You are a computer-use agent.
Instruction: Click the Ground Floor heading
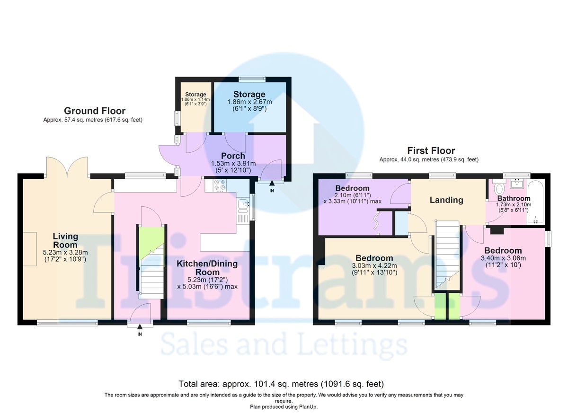95,111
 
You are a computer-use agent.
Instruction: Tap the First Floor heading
431,151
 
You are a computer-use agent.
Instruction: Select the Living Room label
65,241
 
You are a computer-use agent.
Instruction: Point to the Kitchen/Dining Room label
207,268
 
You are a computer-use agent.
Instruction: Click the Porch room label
233,156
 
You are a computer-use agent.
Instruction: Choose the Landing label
446,200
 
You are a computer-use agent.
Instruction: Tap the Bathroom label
514,198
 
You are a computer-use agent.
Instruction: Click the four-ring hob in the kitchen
220,185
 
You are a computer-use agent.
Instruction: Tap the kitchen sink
243,205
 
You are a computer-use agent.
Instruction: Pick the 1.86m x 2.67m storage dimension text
249,102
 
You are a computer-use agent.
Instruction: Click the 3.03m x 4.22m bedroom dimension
374,266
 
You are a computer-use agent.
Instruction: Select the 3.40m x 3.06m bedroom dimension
503,258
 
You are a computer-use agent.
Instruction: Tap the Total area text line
281,384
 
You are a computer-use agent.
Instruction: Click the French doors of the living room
67,167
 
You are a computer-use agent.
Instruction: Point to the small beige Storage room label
195,95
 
